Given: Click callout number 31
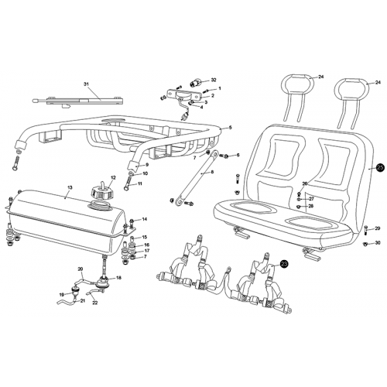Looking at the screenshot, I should (x=86, y=85).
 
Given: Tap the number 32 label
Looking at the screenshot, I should (x=214, y=80).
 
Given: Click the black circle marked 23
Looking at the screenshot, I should (x=284, y=264).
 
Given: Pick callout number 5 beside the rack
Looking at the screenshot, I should (x=230, y=128).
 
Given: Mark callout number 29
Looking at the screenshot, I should (x=377, y=229).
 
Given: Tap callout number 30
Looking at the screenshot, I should (x=377, y=243).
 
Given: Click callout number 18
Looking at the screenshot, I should (x=118, y=277).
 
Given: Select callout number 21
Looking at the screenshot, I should (x=83, y=300).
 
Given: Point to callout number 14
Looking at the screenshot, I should (x=143, y=220).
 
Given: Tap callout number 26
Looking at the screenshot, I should (x=305, y=184).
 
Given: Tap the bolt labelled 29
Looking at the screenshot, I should (x=365, y=229).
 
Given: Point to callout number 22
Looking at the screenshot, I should (x=94, y=303).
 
